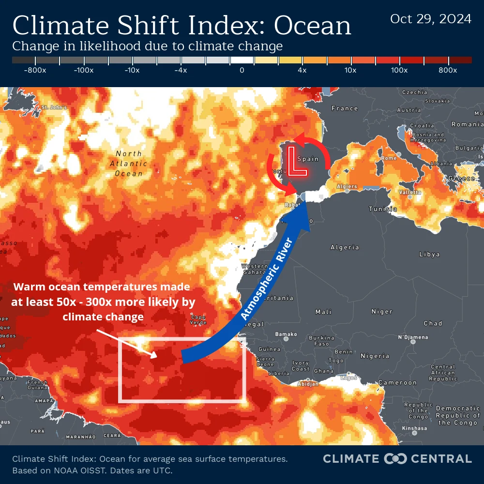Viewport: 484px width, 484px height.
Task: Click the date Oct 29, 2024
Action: pos(431,19)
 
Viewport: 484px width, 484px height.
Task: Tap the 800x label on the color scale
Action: pos(448,70)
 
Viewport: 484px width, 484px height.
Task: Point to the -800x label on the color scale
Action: pos(35,70)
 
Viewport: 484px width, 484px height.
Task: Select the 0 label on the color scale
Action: pos(242,70)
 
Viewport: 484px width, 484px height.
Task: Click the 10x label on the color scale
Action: pos(350,70)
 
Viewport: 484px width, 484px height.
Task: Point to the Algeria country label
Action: pos(345,247)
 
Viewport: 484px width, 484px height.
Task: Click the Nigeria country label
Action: pos(375,356)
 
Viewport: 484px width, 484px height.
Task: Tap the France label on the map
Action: pos(345,108)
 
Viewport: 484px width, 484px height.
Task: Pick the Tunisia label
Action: pos(383,209)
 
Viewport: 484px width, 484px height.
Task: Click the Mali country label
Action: pos(323,312)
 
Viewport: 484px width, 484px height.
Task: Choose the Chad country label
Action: pos(433,323)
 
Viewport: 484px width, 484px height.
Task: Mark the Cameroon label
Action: pos(397,382)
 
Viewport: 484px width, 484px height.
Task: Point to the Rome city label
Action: pos(389,158)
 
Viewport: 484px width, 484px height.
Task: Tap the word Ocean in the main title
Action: pos(310,26)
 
